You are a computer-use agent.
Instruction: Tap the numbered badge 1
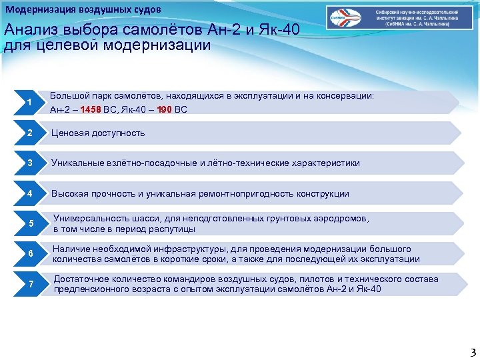(x=30, y=102)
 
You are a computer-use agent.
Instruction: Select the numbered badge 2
(x=30, y=133)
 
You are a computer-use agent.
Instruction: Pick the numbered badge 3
(x=30, y=163)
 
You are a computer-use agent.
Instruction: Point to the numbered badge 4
(x=30, y=193)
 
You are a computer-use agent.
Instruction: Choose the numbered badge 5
(x=30, y=223)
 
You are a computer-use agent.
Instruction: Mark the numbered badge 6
(x=30, y=253)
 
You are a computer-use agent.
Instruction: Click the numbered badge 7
(x=30, y=284)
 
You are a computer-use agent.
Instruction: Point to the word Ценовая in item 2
(x=71, y=133)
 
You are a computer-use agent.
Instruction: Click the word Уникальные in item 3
(x=78, y=163)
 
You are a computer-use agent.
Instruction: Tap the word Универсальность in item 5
(x=90, y=218)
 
